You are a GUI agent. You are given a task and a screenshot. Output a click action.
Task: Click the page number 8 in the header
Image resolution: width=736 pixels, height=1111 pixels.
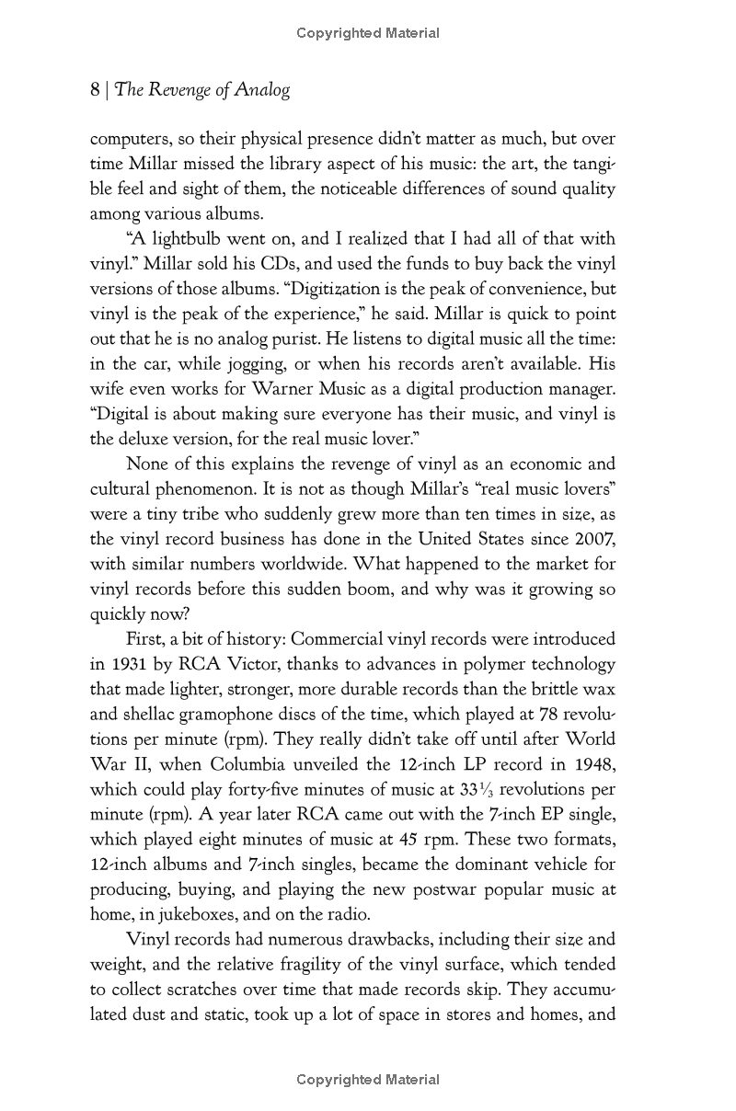[95, 89]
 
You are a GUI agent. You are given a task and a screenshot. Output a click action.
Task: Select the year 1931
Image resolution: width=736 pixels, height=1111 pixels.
[130, 664]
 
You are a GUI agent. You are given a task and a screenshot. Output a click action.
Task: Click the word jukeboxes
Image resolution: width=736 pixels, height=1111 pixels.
[196, 914]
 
